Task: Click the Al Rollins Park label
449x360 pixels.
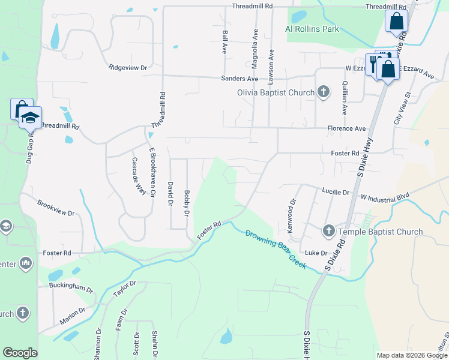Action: [x=312, y=29]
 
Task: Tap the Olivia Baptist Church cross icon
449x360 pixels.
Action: [x=324, y=92]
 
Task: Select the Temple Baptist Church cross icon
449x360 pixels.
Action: [x=328, y=231]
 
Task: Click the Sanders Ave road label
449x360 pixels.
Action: [x=240, y=79]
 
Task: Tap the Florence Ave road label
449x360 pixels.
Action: [x=346, y=128]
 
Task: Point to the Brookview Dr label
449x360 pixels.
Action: [x=55, y=208]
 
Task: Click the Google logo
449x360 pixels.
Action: [x=20, y=353]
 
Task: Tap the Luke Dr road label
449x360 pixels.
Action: [x=316, y=253]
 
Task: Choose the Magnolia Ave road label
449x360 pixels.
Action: [x=256, y=42]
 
